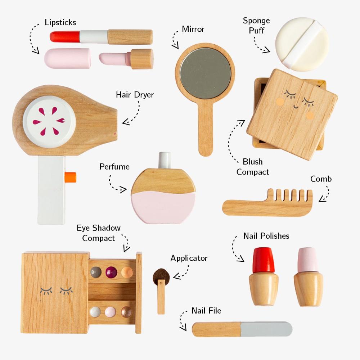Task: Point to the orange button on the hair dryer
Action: coord(71,176)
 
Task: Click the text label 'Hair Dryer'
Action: coord(135,95)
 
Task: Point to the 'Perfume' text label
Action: coord(114,167)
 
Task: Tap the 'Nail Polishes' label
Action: coord(266,236)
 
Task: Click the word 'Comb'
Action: coord(321,179)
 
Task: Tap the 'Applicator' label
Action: coord(189,258)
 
